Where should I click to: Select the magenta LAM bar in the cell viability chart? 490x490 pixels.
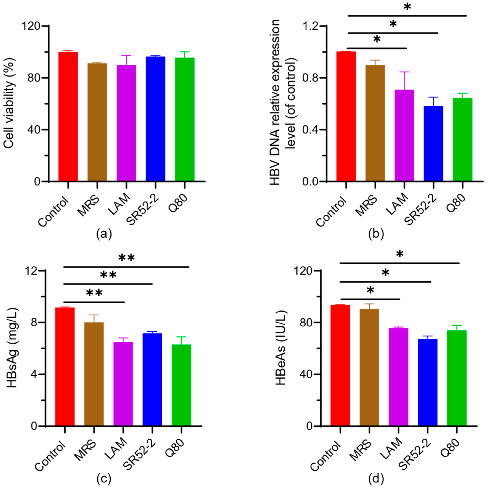pos(126,123)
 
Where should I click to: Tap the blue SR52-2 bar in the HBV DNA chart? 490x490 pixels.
pos(433,143)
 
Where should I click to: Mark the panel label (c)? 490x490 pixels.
pos(104,479)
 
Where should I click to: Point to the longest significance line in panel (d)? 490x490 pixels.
pos(399,263)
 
